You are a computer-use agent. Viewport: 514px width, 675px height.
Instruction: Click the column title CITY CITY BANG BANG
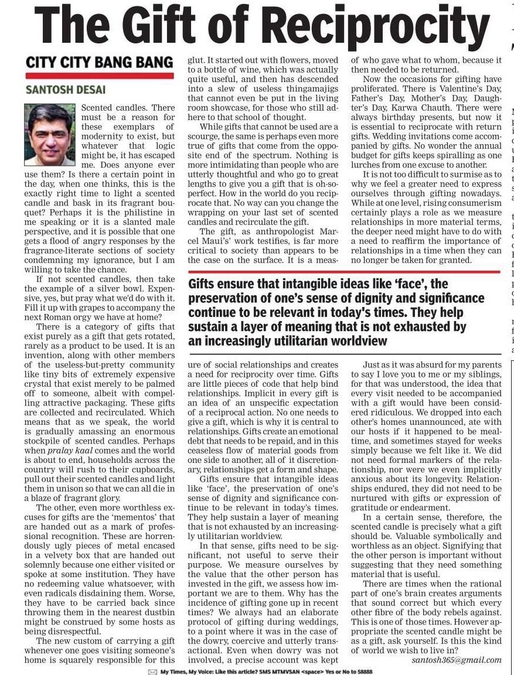(99, 62)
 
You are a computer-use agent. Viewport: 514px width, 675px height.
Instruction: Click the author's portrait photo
(50, 135)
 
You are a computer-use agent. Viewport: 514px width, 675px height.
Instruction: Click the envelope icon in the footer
(152, 671)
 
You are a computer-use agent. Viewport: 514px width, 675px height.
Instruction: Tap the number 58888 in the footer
(362, 671)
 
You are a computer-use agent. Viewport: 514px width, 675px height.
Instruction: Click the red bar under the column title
(99, 76)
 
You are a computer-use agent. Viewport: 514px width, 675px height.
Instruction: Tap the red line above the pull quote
(344, 272)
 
